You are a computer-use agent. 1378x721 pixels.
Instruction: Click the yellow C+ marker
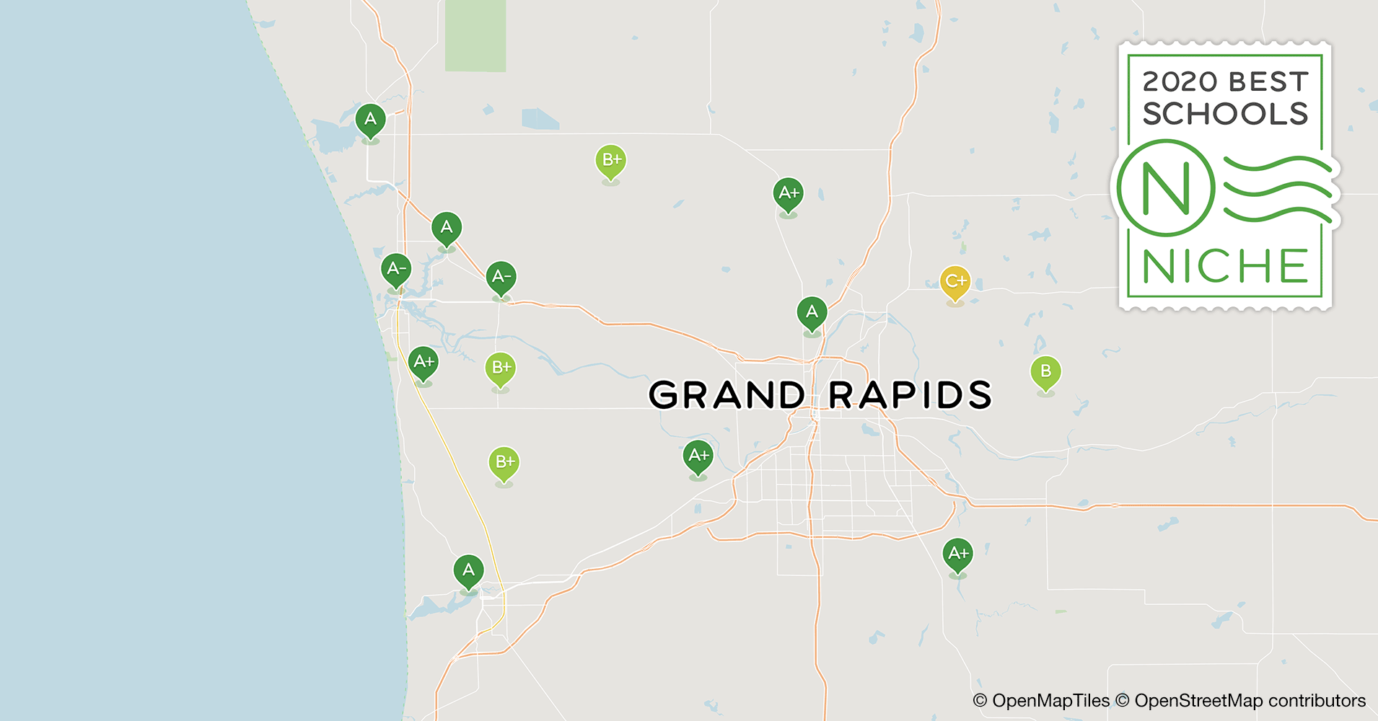955,281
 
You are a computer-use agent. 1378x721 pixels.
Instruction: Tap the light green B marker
1045,371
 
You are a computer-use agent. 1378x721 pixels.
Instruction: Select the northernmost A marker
370,119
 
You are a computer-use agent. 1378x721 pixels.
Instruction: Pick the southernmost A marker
468,570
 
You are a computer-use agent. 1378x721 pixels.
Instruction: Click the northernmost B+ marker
610,159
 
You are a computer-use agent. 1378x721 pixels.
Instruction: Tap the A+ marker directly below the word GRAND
698,456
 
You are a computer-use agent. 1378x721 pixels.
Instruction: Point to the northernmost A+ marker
788,193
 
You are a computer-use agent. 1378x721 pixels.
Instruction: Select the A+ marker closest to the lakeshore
424,361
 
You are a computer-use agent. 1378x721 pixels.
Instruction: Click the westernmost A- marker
396,269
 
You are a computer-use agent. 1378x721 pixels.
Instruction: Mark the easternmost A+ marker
957,554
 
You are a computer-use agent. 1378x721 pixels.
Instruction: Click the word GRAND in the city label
727,395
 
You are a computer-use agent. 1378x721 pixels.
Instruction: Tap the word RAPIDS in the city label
910,395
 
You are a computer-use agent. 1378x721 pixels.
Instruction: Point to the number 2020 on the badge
1179,81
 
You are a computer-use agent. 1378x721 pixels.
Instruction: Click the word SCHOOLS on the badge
1225,114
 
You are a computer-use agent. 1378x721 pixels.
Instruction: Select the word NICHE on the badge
1225,266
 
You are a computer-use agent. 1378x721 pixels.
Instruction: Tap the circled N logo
1165,188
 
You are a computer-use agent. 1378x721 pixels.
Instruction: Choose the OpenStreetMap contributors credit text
1240,701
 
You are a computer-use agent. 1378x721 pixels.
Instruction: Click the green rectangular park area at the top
475,35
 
